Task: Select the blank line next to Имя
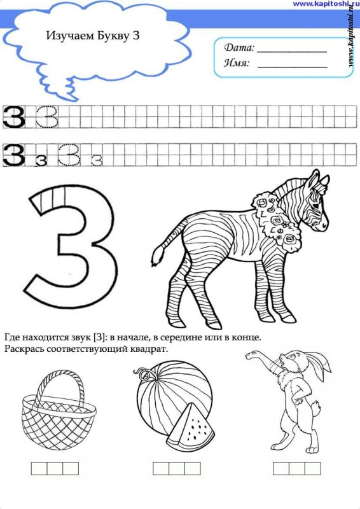click(292, 67)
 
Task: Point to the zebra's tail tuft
click(158, 256)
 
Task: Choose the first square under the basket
click(39, 468)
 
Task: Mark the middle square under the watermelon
click(177, 468)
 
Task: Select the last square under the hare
click(312, 468)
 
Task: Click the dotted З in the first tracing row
click(48, 116)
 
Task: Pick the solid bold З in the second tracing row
click(13, 155)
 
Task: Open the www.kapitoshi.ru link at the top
click(326, 4)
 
